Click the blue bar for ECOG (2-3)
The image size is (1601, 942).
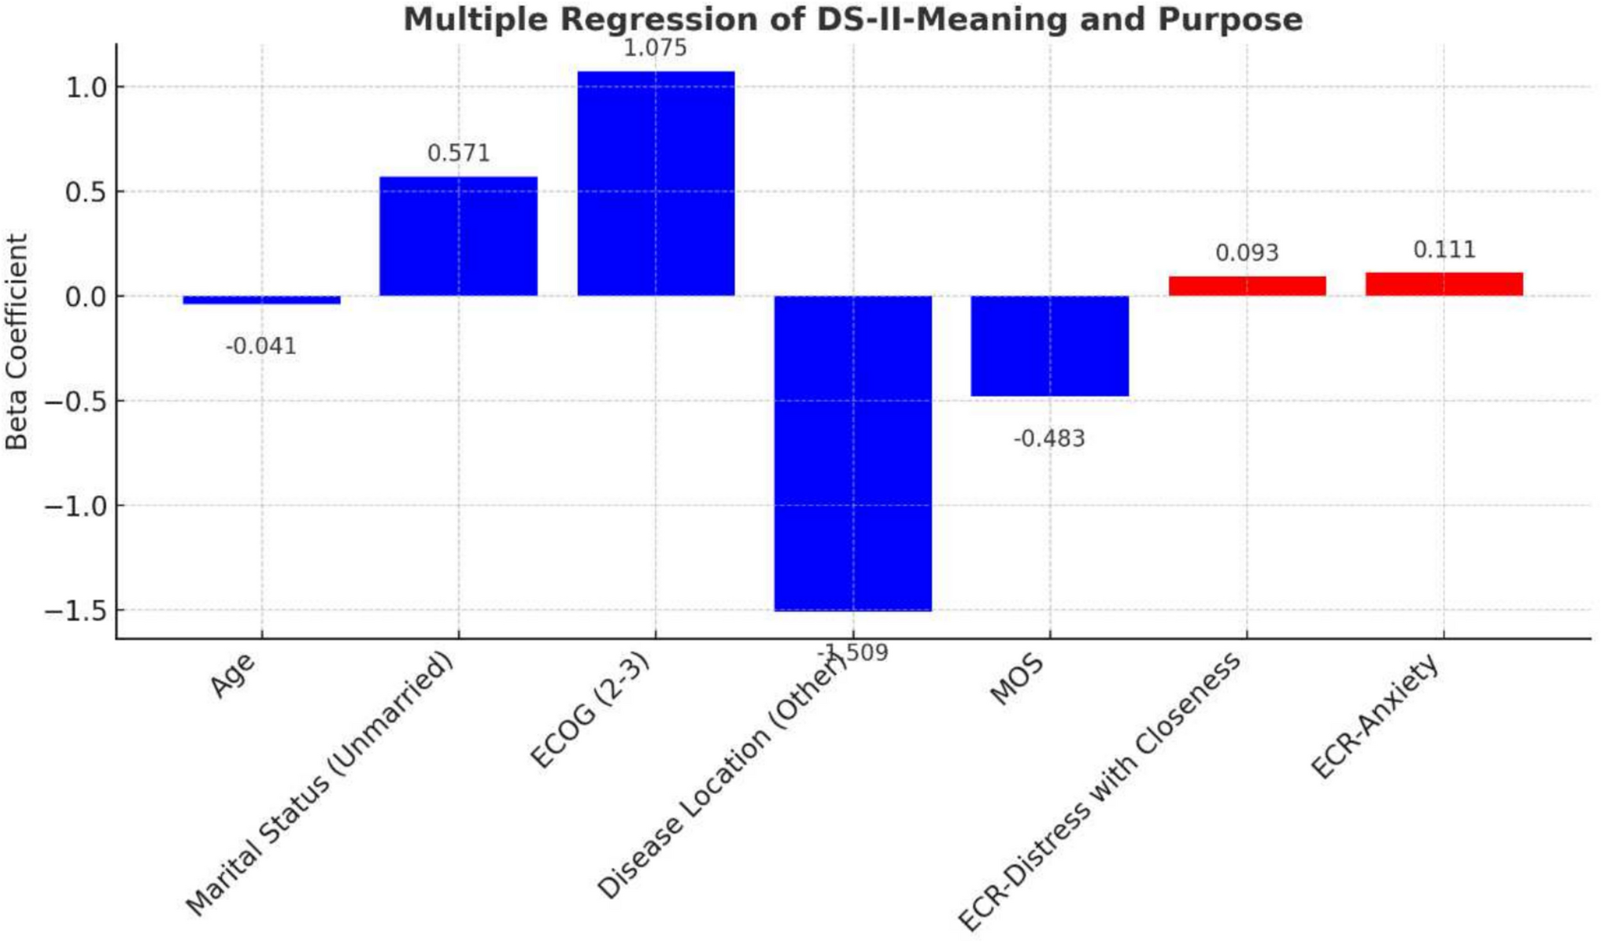(656, 183)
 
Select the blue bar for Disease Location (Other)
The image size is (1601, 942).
(852, 453)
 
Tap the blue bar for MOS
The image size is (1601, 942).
(1049, 345)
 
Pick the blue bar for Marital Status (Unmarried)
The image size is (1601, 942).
(458, 236)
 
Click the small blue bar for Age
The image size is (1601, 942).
(261, 300)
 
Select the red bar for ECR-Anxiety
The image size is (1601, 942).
(1444, 284)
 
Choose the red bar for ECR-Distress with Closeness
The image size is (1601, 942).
(1247, 286)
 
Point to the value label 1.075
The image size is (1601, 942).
(655, 48)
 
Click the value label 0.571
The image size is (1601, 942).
(458, 153)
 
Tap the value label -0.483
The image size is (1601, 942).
(1048, 438)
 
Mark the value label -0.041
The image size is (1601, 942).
(261, 346)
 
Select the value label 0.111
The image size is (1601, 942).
(1444, 249)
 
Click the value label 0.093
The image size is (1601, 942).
(1247, 253)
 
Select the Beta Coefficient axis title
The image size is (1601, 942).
(17, 342)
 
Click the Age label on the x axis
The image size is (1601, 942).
(233, 675)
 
